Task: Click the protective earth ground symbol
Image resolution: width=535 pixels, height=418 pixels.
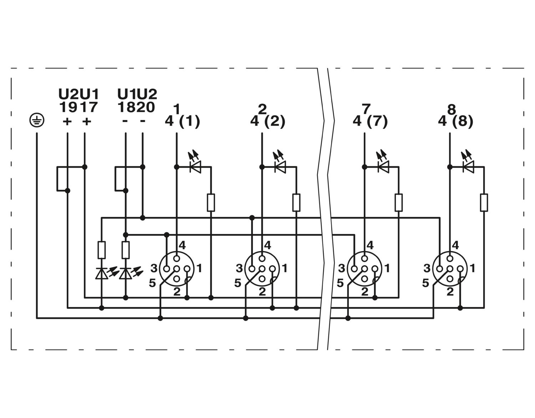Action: [37, 121]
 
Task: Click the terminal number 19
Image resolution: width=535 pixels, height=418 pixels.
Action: [68, 107]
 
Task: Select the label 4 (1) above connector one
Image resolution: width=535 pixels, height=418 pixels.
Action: [182, 122]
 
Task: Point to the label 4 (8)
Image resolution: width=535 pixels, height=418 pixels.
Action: [455, 122]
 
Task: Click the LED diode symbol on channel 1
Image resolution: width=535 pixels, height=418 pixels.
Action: [195, 167]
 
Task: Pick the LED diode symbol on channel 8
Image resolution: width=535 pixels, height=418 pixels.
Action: [468, 167]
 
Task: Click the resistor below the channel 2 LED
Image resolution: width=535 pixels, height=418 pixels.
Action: [296, 203]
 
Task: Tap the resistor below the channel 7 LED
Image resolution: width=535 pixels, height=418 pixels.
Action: [399, 203]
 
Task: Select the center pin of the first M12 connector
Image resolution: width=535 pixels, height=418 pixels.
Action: [177, 269]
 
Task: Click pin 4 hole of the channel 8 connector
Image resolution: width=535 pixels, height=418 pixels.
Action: [450, 259]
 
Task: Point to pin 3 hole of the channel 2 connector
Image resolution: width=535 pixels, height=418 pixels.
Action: [252, 269]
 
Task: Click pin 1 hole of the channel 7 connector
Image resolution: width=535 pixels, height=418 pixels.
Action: [375, 269]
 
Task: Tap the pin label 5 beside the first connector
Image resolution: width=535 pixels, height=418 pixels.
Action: [152, 283]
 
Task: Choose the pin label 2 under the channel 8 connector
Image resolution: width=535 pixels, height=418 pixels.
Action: [450, 292]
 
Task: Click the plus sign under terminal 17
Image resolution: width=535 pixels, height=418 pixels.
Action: [87, 121]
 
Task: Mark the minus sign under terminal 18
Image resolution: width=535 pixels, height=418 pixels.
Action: [125, 121]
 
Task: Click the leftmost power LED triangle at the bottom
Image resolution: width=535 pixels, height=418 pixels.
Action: [102, 273]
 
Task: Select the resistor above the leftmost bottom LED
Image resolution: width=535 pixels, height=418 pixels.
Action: [102, 250]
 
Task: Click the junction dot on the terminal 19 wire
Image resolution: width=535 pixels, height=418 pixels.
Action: [67, 190]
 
